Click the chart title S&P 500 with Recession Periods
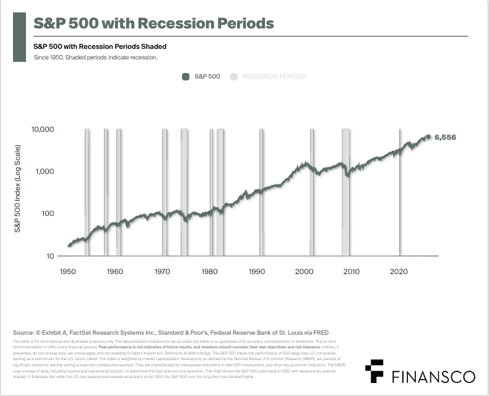(x=153, y=24)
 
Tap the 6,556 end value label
(x=445, y=137)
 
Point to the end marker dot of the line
(x=428, y=137)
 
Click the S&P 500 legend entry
(x=201, y=77)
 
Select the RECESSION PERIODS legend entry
(x=269, y=77)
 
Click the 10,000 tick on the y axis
(x=43, y=129)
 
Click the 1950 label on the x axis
(x=67, y=271)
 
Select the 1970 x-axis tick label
(x=162, y=271)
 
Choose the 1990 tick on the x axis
(x=257, y=271)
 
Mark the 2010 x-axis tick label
(x=352, y=271)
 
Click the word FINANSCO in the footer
(x=434, y=376)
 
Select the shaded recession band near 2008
(x=345, y=192)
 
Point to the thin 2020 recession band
(x=400, y=192)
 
